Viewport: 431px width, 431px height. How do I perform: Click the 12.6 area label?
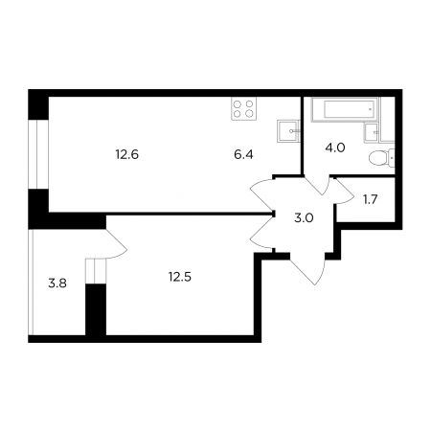click(x=127, y=155)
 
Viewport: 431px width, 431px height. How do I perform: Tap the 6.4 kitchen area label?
click(x=243, y=155)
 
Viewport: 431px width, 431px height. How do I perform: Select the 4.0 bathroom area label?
click(x=335, y=147)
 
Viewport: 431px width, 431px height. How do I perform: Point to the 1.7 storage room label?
click(x=371, y=199)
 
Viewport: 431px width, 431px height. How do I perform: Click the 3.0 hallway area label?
click(x=304, y=218)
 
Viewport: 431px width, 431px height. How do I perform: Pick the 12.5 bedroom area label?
click(x=180, y=277)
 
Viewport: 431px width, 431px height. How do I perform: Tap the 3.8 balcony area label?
click(x=57, y=284)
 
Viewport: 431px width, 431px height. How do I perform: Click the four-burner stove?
click(x=244, y=108)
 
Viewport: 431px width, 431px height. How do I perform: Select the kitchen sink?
click(x=288, y=131)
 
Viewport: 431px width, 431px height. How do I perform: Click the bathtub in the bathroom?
click(x=345, y=109)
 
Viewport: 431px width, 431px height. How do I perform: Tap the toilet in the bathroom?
click(x=382, y=158)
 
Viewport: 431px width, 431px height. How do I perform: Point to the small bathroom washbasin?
click(x=372, y=132)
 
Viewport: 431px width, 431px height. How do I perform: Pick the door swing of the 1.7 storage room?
click(x=346, y=193)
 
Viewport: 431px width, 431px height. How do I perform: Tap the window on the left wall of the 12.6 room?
click(x=38, y=154)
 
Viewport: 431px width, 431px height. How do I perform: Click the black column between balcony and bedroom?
click(x=96, y=309)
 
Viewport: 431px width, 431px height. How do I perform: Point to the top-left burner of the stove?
click(x=238, y=103)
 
